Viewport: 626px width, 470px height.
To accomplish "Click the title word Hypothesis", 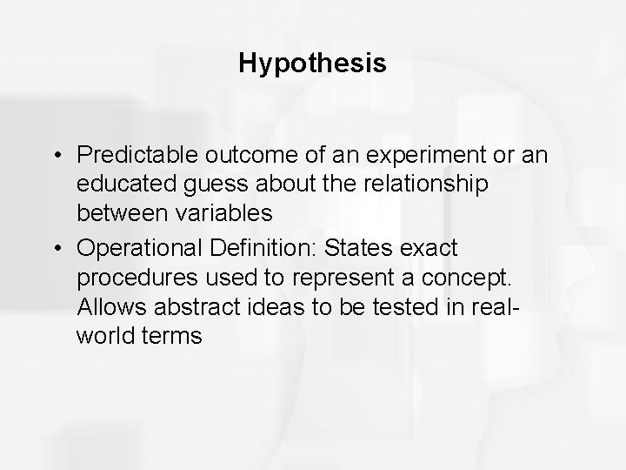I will tap(312, 64).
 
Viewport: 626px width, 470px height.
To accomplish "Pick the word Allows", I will tap(105, 305).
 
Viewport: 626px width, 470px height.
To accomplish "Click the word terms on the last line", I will tap(173, 335).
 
